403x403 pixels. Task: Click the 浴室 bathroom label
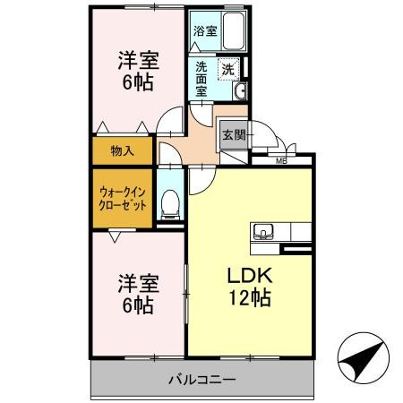point(205,30)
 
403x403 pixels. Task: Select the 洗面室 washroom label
point(201,78)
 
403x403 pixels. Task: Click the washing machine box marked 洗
point(227,69)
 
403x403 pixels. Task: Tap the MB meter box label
point(280,161)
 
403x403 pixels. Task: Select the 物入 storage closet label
point(123,150)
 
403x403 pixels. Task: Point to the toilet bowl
point(169,206)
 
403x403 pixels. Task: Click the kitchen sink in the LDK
point(265,233)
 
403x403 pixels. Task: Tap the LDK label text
point(246,276)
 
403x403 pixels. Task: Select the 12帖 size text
point(247,300)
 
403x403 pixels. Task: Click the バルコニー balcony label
point(201,381)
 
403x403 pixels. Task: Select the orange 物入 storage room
point(123,150)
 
